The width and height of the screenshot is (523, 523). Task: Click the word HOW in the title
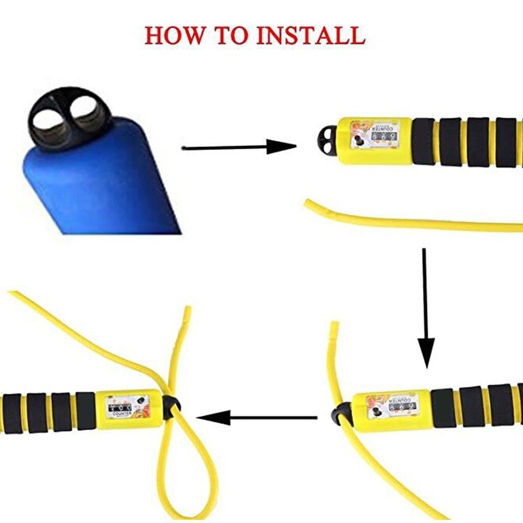point(174,35)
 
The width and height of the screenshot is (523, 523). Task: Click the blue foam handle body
point(102,179)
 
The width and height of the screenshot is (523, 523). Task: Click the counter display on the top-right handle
point(375,134)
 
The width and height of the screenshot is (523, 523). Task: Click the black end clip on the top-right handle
point(327,140)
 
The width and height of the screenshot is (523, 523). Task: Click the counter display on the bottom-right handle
point(393,406)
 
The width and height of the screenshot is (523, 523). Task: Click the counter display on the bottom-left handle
point(126,408)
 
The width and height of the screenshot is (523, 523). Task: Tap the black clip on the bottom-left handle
point(170,407)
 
